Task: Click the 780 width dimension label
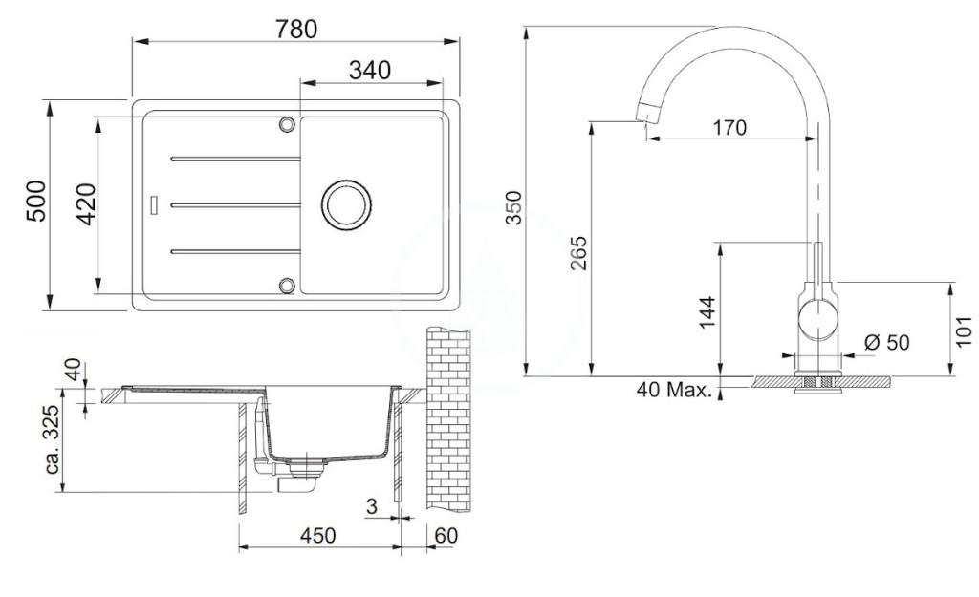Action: pyautogui.click(x=296, y=29)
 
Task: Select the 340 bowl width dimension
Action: pyautogui.click(x=370, y=70)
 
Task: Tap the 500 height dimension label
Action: pyautogui.click(x=37, y=201)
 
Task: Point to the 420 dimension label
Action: pyautogui.click(x=85, y=204)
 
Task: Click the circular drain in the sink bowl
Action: pyautogui.click(x=346, y=204)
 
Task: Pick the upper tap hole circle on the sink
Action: pyautogui.click(x=287, y=124)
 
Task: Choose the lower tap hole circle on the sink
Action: pyautogui.click(x=287, y=285)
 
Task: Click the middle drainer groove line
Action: pyautogui.click(x=235, y=204)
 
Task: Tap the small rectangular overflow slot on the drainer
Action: pyautogui.click(x=154, y=204)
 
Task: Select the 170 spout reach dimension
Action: pyautogui.click(x=729, y=128)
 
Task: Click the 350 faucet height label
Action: pyautogui.click(x=513, y=207)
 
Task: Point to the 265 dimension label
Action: pyautogui.click(x=579, y=252)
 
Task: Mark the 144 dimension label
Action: pyautogui.click(x=707, y=312)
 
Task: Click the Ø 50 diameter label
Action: pyautogui.click(x=886, y=343)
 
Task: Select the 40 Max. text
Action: pyautogui.click(x=674, y=391)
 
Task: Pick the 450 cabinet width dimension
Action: pyautogui.click(x=317, y=535)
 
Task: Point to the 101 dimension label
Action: pyautogui.click(x=964, y=331)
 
